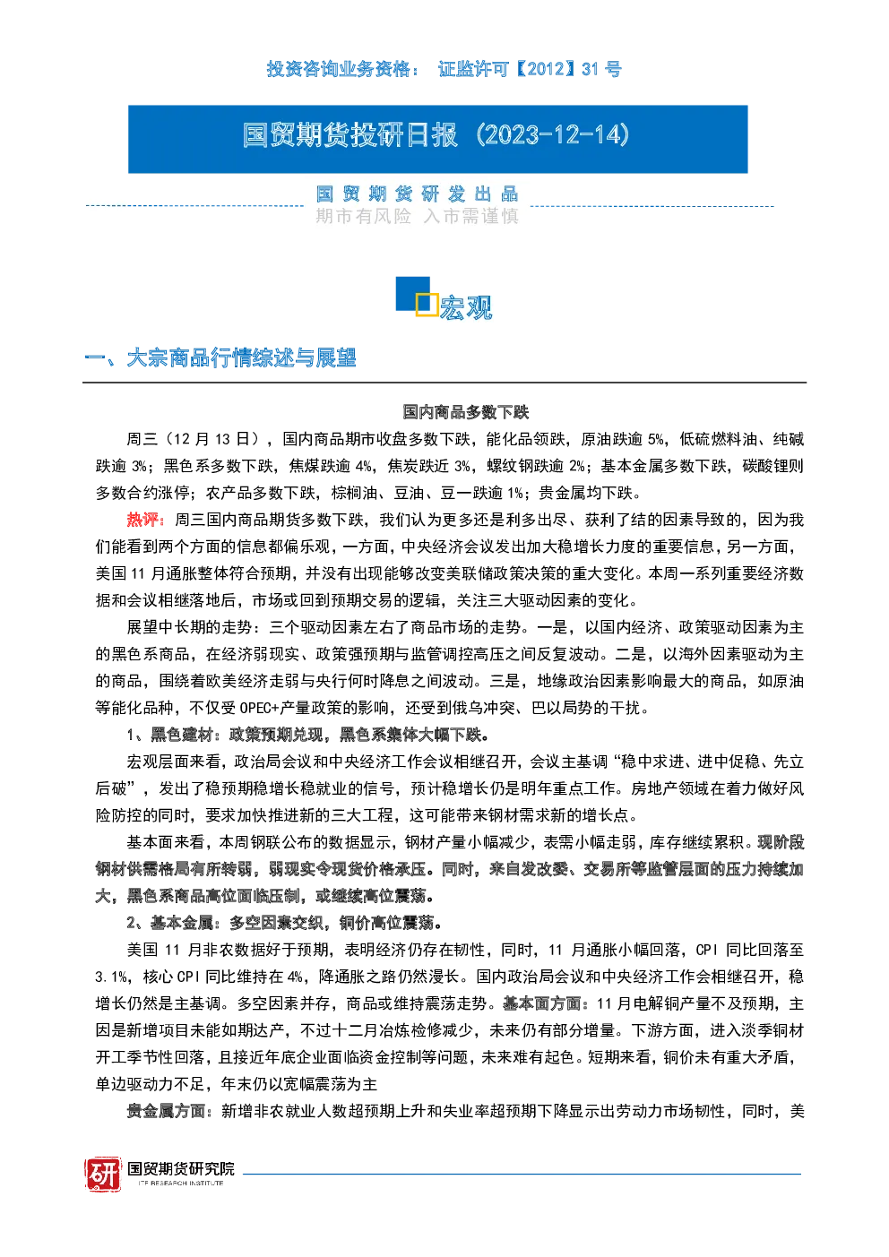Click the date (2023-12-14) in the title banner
[x=553, y=135]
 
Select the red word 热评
[x=142, y=520]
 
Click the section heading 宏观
[x=466, y=308]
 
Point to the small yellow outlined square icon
[x=427, y=305]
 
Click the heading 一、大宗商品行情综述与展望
[x=220, y=357]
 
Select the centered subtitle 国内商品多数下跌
[x=466, y=412]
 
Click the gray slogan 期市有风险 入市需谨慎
[x=417, y=217]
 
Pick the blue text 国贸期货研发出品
[x=417, y=194]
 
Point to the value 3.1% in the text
[x=112, y=977]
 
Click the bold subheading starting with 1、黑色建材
[x=307, y=735]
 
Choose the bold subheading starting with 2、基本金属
[x=284, y=923]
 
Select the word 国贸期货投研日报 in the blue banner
[x=350, y=135]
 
